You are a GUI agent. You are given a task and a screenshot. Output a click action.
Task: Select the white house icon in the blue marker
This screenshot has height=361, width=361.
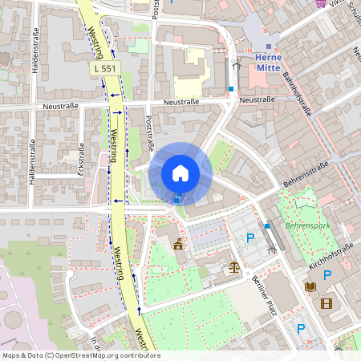click(180, 172)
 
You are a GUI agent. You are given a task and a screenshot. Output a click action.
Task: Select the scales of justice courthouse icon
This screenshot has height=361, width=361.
click(234, 267)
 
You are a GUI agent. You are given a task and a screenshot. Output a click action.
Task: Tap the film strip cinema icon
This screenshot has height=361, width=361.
click(326, 303)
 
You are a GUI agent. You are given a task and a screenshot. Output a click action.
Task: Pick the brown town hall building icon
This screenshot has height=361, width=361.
click(177, 245)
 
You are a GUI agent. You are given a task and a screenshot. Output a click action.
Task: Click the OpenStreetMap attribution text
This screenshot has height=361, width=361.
click(80, 355)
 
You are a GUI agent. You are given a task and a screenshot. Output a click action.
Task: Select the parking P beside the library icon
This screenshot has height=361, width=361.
click(327, 275)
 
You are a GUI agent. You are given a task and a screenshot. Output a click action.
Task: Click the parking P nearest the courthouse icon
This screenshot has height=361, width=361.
click(249, 238)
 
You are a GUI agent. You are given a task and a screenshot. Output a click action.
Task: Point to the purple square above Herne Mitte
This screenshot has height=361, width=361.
click(268, 47)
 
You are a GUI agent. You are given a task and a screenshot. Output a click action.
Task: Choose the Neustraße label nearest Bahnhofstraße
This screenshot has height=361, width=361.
click(258, 99)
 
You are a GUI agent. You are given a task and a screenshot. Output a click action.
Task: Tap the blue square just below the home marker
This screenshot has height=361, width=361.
click(177, 200)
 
